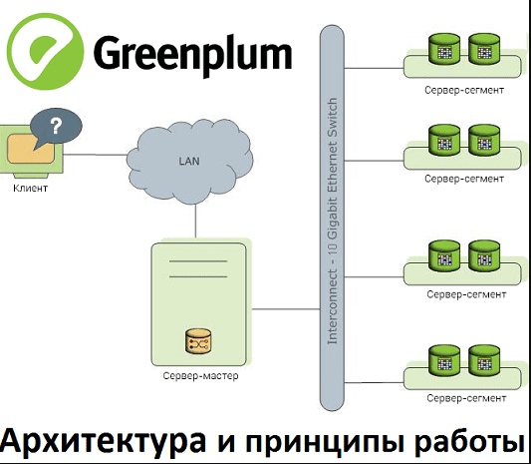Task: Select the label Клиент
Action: (x=30, y=187)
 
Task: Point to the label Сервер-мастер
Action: (x=200, y=377)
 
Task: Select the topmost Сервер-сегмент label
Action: (x=463, y=91)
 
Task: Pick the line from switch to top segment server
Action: (x=375, y=66)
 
